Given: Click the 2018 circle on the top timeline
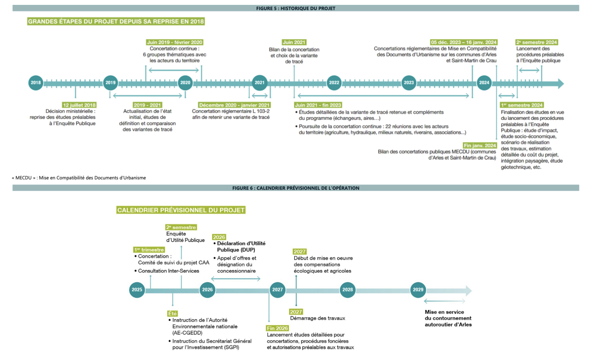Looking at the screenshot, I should pyautogui.click(x=36, y=83).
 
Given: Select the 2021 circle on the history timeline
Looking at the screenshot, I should pyautogui.click(x=260, y=83).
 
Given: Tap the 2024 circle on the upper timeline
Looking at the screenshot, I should pyautogui.click(x=484, y=83).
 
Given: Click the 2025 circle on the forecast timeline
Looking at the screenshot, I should pyautogui.click(x=137, y=290).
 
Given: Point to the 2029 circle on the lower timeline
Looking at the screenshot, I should pyautogui.click(x=418, y=290).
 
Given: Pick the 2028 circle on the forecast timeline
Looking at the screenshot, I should pyautogui.click(x=348, y=290).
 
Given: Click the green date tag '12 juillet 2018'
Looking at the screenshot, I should pyautogui.click(x=79, y=105).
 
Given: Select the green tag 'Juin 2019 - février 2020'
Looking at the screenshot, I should pyautogui.click(x=175, y=42).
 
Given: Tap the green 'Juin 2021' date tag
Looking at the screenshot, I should pyautogui.click(x=294, y=42).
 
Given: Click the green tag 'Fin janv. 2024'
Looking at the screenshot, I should pyautogui.click(x=480, y=145).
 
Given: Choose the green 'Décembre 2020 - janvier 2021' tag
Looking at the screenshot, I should pyautogui.click(x=234, y=105).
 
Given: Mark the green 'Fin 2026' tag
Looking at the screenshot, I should pyautogui.click(x=277, y=328).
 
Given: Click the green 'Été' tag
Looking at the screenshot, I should pyautogui.click(x=172, y=314).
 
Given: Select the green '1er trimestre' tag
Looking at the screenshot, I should pyautogui.click(x=149, y=250).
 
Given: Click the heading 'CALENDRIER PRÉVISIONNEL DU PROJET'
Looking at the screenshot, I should pyautogui.click(x=181, y=210).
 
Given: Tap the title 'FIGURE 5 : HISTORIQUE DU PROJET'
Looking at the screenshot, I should pyautogui.click(x=296, y=8).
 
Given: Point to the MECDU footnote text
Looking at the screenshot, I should pyautogui.click(x=79, y=178).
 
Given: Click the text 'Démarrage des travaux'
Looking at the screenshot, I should pyautogui.click(x=317, y=318).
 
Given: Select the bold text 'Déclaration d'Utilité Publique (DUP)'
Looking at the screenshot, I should pyautogui.click(x=241, y=247).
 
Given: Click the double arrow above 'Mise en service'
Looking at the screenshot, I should pyautogui.click(x=444, y=301).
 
